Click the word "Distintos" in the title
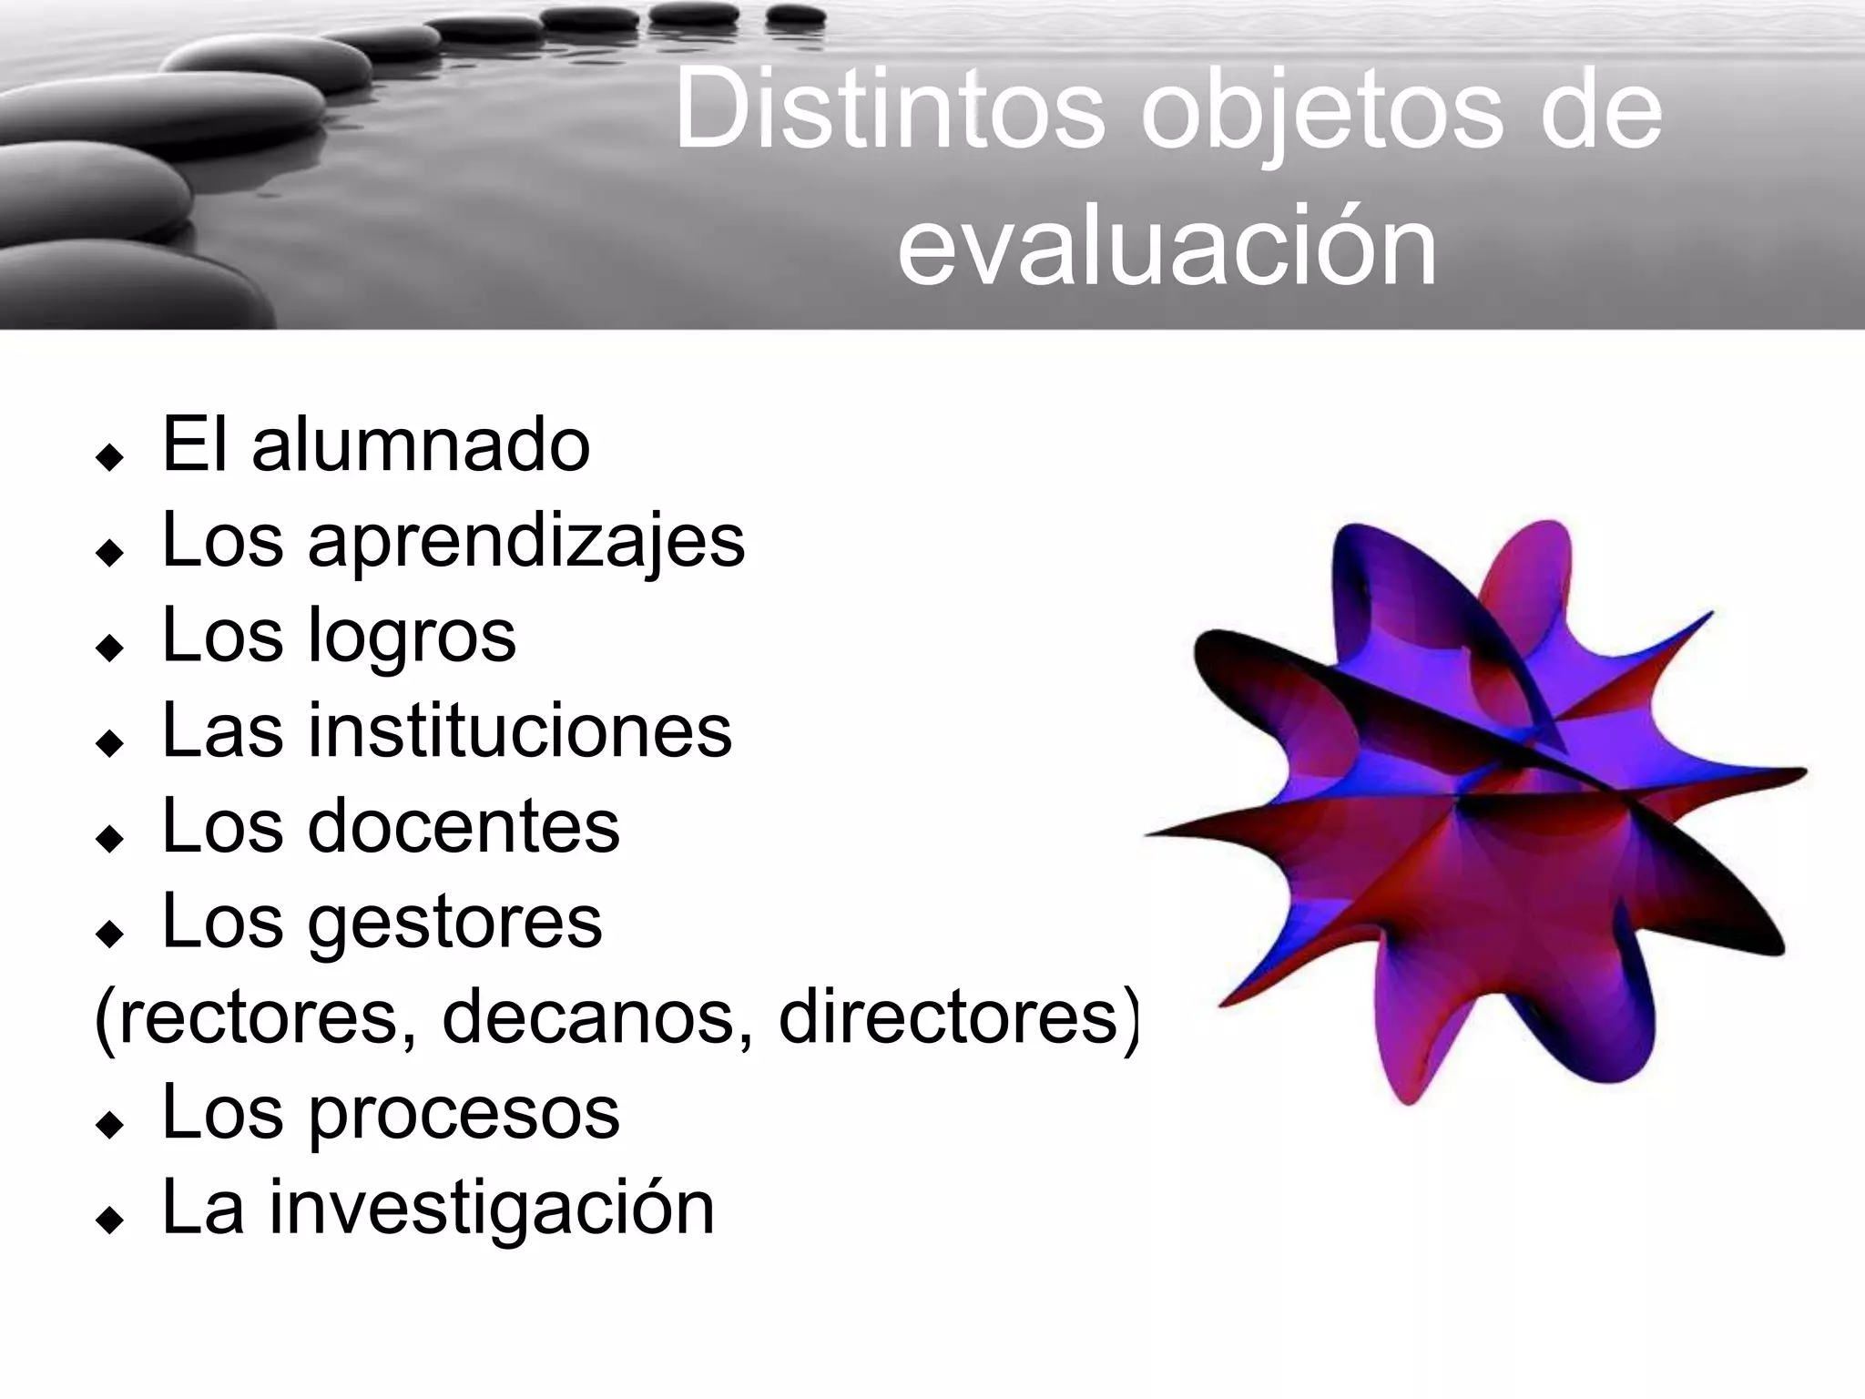click(889, 111)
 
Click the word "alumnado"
click(421, 445)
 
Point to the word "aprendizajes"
click(526, 541)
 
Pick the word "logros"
click(412, 636)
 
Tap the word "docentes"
click(464, 826)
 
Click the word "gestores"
click(454, 922)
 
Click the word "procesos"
click(464, 1112)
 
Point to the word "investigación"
click(491, 1208)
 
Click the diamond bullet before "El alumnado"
click(109, 457)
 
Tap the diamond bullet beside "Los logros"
click(109, 648)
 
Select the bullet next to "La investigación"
click(109, 1220)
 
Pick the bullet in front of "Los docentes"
click(109, 838)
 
